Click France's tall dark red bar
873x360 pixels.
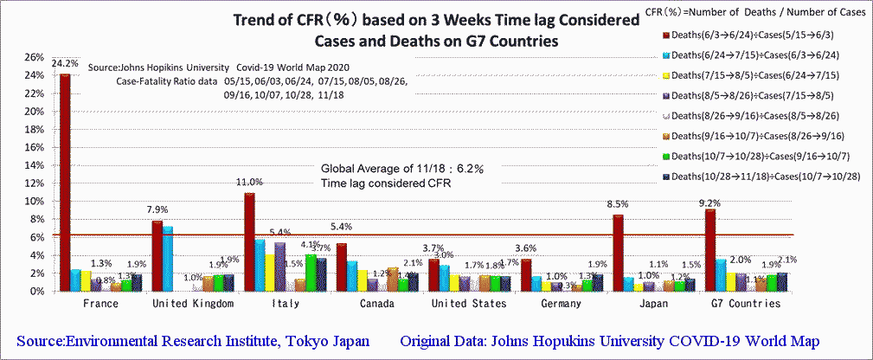[64, 182]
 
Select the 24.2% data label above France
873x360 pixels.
[65, 63]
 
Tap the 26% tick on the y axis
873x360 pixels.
[34, 57]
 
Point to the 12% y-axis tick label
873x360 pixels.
[34, 183]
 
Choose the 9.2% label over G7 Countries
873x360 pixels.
[711, 203]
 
